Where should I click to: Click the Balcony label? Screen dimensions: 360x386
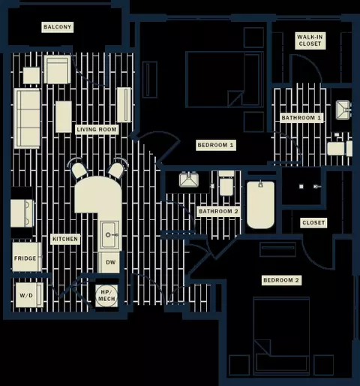[x=58, y=27]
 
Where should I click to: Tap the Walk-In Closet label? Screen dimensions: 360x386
[x=310, y=41]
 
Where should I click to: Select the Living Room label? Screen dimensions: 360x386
[x=97, y=129]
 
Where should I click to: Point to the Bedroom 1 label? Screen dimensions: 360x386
[x=215, y=145]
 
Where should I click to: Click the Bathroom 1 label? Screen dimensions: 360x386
[x=301, y=118]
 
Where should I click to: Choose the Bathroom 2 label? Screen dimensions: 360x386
[x=218, y=211]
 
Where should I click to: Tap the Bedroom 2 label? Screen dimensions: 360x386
[x=281, y=280]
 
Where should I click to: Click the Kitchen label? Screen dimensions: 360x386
[x=65, y=239]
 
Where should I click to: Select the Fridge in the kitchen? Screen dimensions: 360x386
[x=27, y=257]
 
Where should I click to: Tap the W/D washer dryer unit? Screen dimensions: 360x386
[x=29, y=295]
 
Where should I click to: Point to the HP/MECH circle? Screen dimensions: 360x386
[x=106, y=296]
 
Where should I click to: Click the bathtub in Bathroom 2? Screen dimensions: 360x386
[x=260, y=205]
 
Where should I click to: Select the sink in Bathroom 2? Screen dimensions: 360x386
[x=189, y=179]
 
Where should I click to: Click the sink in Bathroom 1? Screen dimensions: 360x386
[x=343, y=109]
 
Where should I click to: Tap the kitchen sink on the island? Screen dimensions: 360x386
[x=109, y=234]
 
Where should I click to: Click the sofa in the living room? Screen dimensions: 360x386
[x=27, y=119]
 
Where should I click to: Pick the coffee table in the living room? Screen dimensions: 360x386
[x=64, y=116]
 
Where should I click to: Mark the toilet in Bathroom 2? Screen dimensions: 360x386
[x=226, y=184]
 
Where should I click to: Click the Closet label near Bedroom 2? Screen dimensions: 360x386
[x=313, y=222]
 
